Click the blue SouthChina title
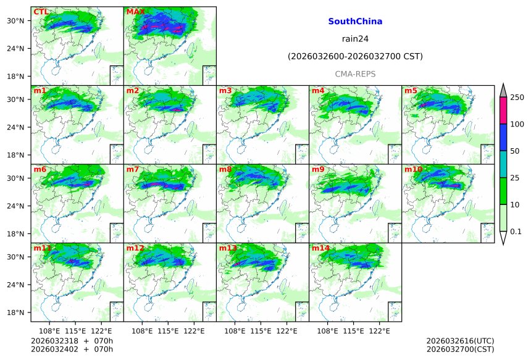[x=355, y=22]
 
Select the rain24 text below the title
[x=355, y=39]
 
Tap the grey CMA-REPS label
[x=355, y=74]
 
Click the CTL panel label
[x=40, y=12]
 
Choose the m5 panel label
[x=411, y=91]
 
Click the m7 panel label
[x=133, y=169]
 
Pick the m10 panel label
[x=413, y=169]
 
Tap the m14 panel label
[x=320, y=248]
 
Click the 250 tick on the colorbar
[x=517, y=98]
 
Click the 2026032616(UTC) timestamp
[x=460, y=341]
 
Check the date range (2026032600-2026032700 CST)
[x=355, y=57]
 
